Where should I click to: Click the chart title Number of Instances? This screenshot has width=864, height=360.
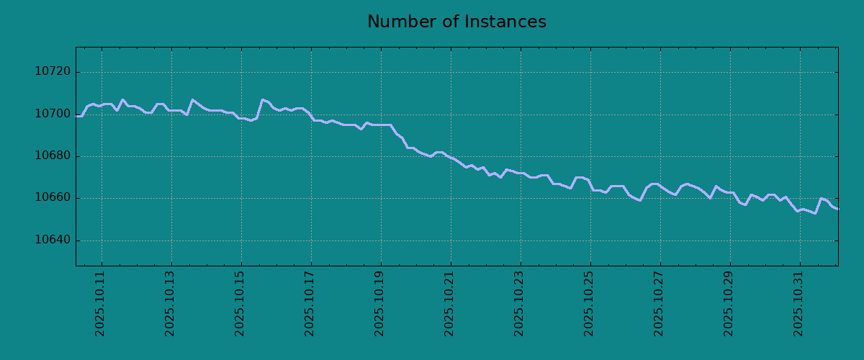(456, 22)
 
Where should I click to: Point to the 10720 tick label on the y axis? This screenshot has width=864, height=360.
(53, 72)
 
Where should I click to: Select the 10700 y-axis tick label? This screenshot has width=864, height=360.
(53, 114)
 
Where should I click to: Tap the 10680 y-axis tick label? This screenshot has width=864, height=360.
(53, 156)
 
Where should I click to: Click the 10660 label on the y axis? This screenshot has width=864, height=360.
(53, 198)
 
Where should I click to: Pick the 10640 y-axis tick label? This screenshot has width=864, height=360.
(53, 240)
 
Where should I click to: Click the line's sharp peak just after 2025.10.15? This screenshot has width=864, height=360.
(263, 99)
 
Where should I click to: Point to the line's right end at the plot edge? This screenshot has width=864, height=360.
(837, 209)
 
